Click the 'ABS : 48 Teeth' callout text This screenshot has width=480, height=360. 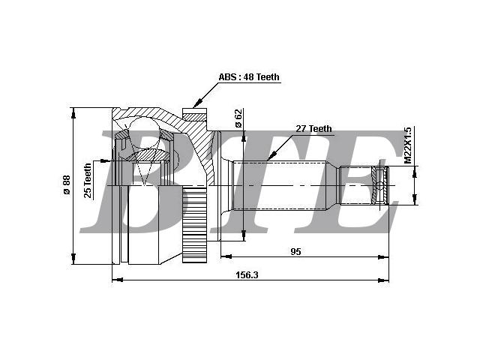point(249,77)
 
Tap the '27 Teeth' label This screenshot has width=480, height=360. point(313,129)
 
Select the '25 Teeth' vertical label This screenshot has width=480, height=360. point(88,180)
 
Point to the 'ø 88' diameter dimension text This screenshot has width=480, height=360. point(67,184)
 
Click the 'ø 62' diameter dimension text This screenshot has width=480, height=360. point(238,118)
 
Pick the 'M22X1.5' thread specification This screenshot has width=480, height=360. point(407,145)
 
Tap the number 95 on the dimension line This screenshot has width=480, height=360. point(295,252)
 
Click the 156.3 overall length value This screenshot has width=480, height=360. point(247,275)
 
